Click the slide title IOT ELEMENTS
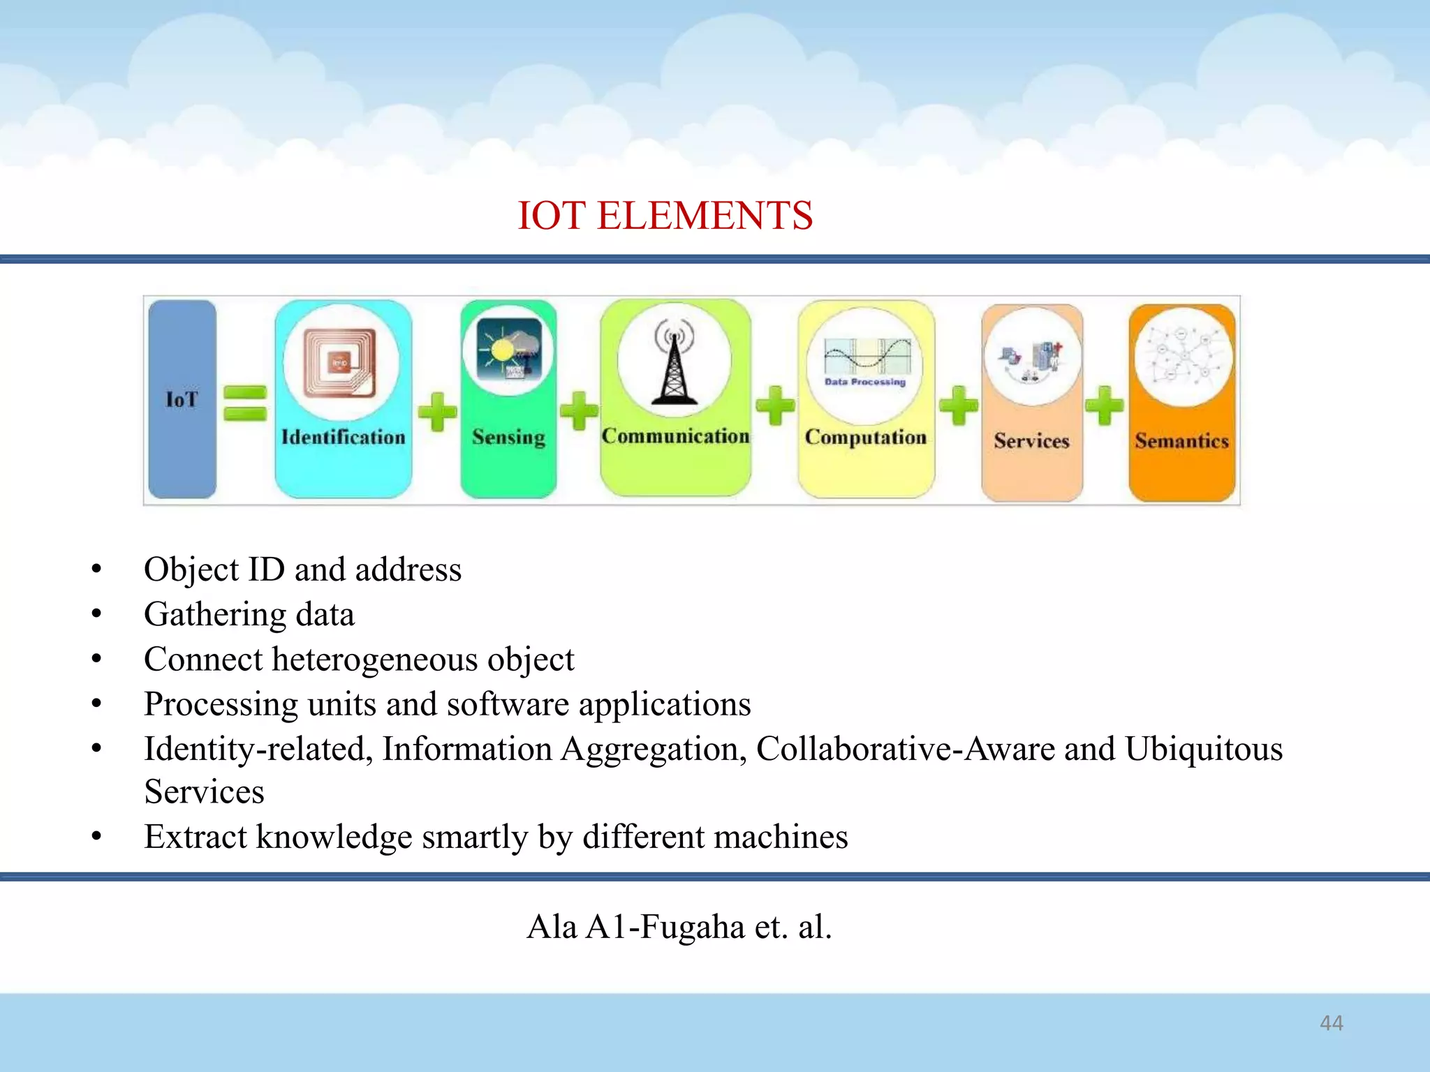point(665,215)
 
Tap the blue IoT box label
point(182,400)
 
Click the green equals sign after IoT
point(245,403)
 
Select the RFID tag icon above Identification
point(340,363)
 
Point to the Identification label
point(343,438)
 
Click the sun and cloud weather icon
point(508,348)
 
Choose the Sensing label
point(508,438)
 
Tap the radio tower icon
point(674,363)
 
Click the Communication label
point(675,436)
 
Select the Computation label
point(866,438)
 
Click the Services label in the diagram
point(1031,441)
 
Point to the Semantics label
point(1181,441)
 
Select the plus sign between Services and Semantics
point(1105,405)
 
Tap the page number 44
point(1331,1023)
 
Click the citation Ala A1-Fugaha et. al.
point(679,927)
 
